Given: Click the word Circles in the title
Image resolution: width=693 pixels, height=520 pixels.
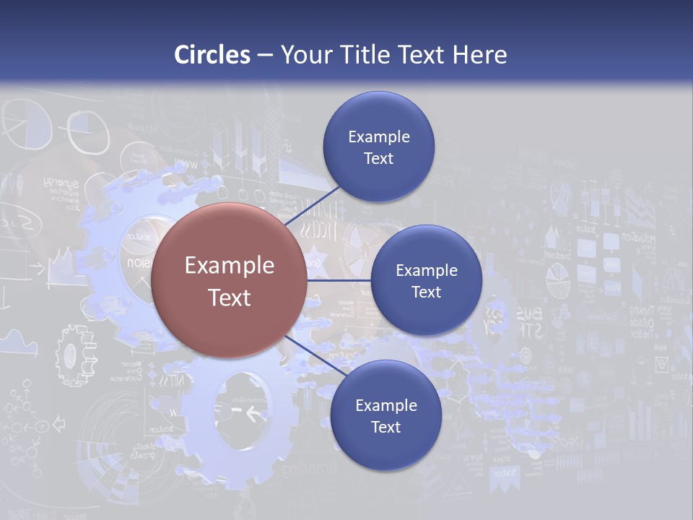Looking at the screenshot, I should pos(212,55).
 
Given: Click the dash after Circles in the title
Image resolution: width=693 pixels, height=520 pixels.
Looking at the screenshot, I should pos(265,56).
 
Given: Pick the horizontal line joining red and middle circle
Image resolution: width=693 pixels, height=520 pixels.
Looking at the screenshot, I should pos(339,281).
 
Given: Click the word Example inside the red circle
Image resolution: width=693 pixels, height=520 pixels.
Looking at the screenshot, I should pos(230,266).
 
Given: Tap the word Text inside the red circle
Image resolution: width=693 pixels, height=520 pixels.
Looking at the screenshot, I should pos(230,298).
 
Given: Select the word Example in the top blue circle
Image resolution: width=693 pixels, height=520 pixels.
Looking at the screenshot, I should pos(378,137).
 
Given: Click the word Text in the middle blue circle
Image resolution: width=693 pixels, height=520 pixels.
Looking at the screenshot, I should pos(426,292).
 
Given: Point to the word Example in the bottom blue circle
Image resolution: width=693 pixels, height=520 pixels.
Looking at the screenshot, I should pos(385,406).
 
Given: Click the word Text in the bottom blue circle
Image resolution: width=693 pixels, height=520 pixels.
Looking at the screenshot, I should pos(385,427).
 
